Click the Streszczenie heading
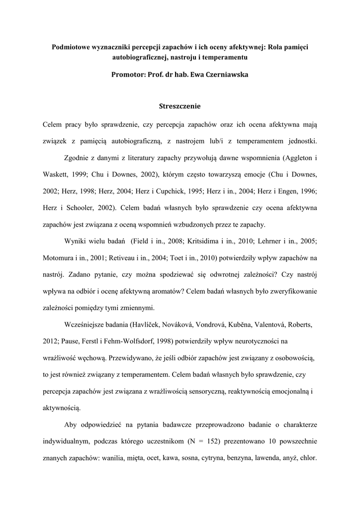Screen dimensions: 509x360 180,106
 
